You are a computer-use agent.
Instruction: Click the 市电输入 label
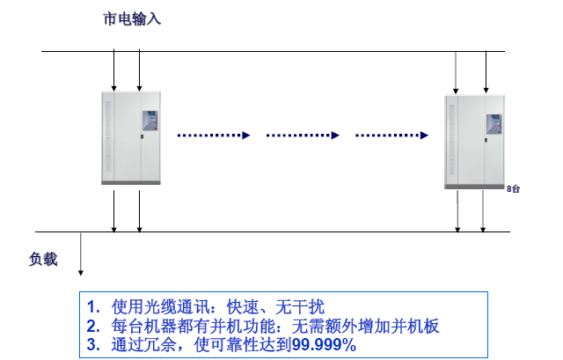132,17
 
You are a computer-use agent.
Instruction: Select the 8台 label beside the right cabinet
514,188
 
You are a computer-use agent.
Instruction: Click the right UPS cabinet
475,141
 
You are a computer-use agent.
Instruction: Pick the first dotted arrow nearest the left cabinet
213,136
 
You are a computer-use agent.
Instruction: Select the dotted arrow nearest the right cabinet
391,136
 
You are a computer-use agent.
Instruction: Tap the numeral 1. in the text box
94,307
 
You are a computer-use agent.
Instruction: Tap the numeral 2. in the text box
94,326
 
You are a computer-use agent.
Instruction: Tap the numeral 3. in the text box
94,344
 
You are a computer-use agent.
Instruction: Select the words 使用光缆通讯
158,307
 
